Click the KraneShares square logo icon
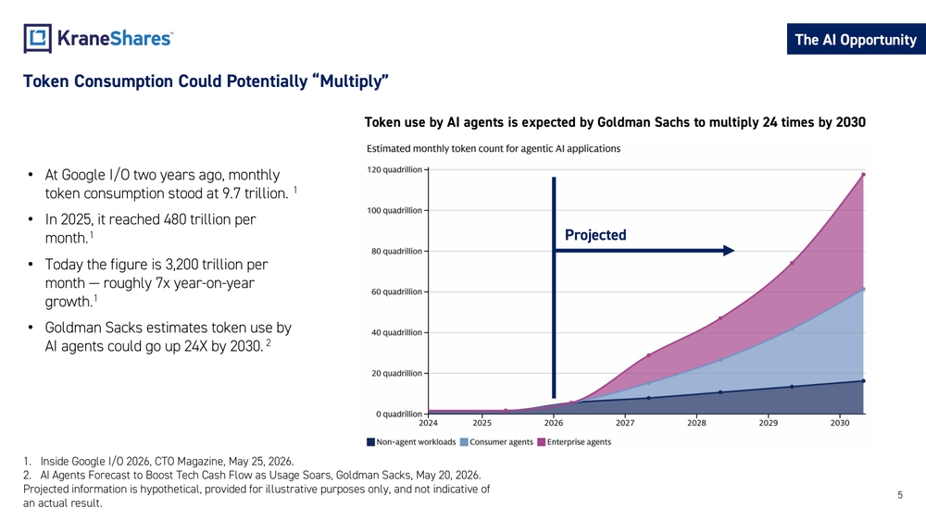click(x=38, y=38)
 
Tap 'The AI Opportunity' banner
click(x=856, y=40)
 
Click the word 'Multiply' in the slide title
click(x=353, y=81)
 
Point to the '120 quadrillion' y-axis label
click(x=394, y=170)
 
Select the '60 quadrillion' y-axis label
click(x=397, y=292)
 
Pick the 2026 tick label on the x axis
click(x=554, y=423)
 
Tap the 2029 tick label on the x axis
click(x=769, y=423)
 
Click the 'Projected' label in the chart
click(x=595, y=235)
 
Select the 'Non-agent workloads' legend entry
click(x=411, y=442)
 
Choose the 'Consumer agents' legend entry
click(x=496, y=442)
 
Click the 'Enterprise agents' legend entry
click(x=574, y=442)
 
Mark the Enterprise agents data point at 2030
click(x=863, y=175)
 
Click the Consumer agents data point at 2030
click(x=863, y=289)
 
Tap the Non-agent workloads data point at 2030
click(x=863, y=381)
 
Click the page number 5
click(x=900, y=495)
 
